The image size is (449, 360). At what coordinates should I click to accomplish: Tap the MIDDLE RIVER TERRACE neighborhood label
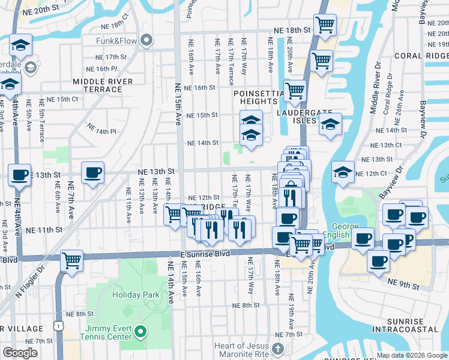97,85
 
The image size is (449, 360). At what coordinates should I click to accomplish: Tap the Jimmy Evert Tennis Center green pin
140,331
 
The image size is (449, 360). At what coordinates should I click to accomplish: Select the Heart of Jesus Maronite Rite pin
277,349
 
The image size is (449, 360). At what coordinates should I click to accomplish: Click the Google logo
20,352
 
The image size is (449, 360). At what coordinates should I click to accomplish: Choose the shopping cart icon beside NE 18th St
325,25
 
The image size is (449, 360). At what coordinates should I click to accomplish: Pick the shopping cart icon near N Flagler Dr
72,260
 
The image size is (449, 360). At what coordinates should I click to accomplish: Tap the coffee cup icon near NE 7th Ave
92,172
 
